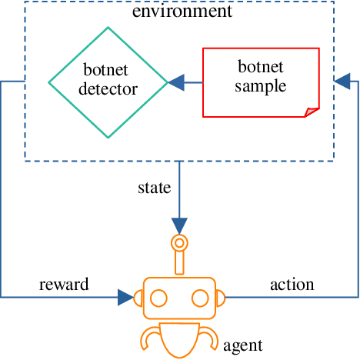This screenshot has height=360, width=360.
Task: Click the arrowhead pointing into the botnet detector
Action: [x=177, y=80]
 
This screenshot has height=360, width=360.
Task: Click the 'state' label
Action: [x=154, y=187]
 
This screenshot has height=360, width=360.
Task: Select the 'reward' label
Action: [x=64, y=285]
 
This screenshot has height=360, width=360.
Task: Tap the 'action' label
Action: [x=292, y=285]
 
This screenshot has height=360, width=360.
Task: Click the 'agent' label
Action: [x=243, y=345]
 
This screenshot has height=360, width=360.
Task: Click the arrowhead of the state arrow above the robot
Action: [x=179, y=225]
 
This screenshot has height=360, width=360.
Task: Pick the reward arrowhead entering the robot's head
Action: [x=125, y=297]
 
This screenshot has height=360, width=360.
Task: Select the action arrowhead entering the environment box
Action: [x=342, y=79]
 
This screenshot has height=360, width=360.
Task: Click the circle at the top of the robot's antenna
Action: [x=179, y=245]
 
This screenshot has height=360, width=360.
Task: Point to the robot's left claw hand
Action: [x=151, y=337]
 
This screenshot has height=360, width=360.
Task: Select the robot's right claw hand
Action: [x=208, y=337]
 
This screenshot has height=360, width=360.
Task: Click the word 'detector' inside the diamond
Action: [x=108, y=89]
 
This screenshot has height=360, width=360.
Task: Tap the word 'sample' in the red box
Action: [x=260, y=86]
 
